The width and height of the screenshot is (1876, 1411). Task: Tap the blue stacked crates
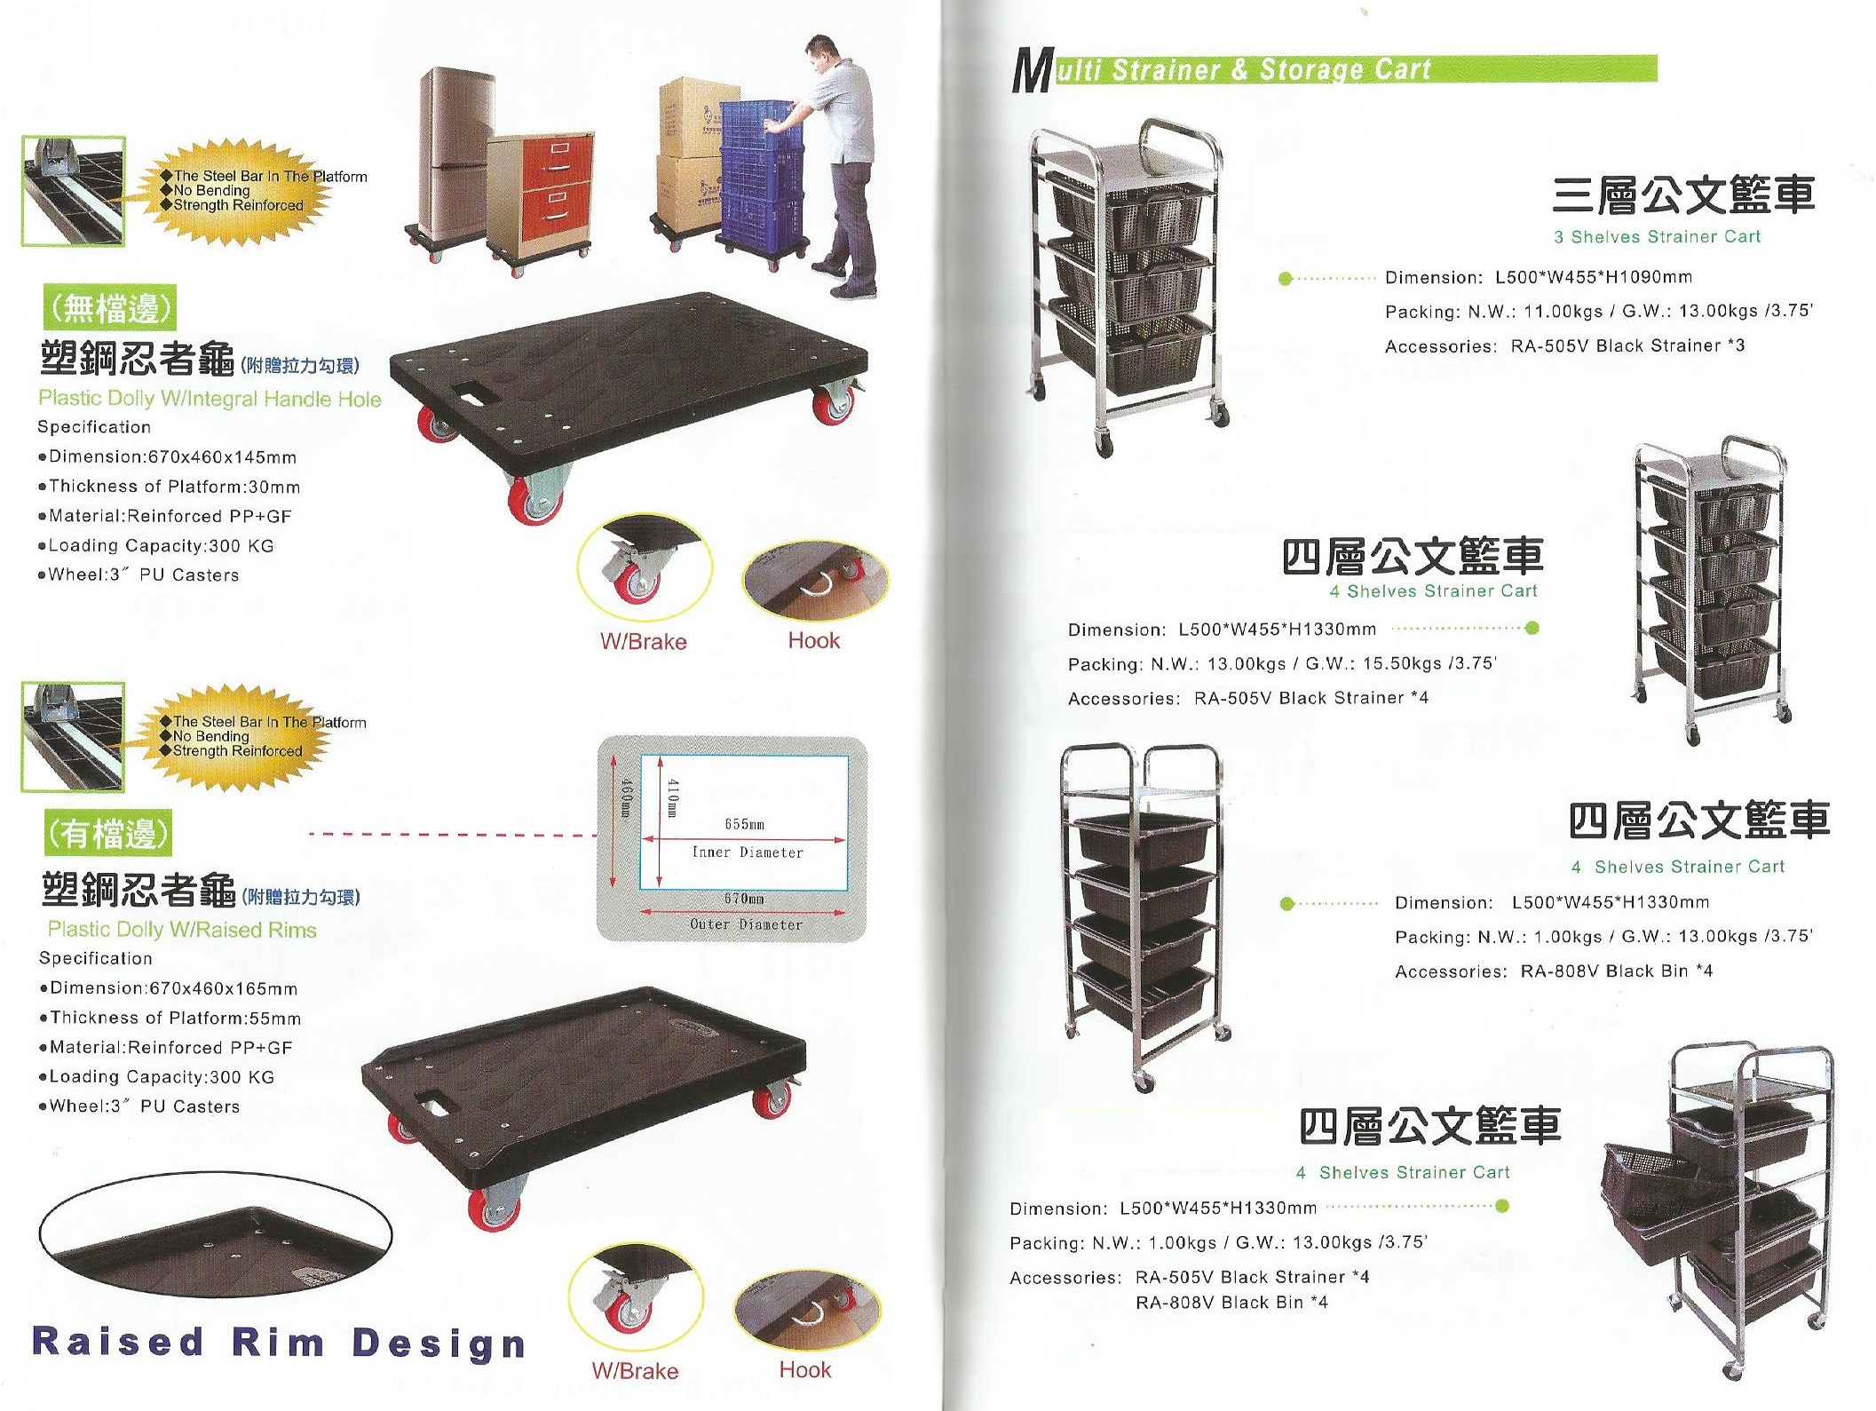click(x=761, y=173)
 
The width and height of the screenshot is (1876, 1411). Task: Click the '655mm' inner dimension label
click(x=744, y=824)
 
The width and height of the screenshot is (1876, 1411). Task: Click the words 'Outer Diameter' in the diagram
click(x=746, y=924)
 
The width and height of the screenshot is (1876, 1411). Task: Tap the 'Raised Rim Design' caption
click(x=279, y=1343)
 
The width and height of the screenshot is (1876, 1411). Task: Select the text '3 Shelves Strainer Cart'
click(x=1657, y=237)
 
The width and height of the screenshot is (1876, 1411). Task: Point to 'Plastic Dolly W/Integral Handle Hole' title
click(x=210, y=399)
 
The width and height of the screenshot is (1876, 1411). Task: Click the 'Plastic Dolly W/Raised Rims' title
click(x=182, y=930)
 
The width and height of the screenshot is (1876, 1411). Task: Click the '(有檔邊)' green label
click(x=107, y=833)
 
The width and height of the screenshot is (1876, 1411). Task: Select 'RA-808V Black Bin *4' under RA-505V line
click(x=1231, y=1303)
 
